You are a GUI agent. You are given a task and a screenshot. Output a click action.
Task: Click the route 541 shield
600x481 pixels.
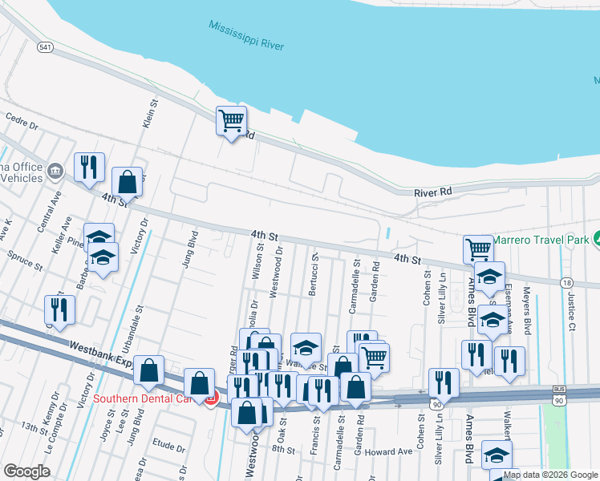(45, 48)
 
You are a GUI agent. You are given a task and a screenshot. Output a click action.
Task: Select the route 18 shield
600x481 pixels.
(567, 282)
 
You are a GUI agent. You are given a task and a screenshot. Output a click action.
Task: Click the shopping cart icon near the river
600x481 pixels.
(231, 121)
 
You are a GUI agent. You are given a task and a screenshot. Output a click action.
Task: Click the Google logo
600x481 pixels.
(26, 471)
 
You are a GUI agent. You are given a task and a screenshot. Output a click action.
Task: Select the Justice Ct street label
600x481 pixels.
(571, 310)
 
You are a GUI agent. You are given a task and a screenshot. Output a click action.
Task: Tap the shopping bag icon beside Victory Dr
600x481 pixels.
(128, 182)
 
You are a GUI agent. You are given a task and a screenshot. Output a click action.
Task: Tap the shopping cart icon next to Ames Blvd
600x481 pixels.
(478, 249)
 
